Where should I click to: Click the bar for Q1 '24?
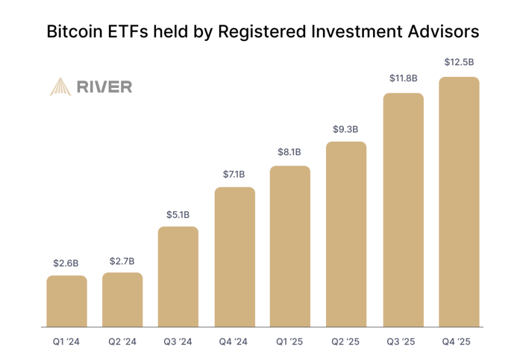pos(67,301)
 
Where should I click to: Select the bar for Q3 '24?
pos(179,277)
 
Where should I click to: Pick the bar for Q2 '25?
pos(346,235)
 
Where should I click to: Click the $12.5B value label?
pos(459,62)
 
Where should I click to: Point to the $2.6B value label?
pos(67,263)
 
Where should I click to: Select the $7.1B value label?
pos(235,175)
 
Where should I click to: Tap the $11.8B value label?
pos(403,78)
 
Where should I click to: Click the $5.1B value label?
pos(179,214)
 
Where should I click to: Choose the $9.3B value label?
pos(346,129)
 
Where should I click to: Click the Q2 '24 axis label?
pos(122,341)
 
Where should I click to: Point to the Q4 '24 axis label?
pos(235,341)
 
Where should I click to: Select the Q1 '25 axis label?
pos(291,341)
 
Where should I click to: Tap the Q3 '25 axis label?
pos(403,341)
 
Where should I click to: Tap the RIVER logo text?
pos(104,87)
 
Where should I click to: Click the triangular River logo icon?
pos(61,87)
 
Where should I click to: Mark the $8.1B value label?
pos(291,152)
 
